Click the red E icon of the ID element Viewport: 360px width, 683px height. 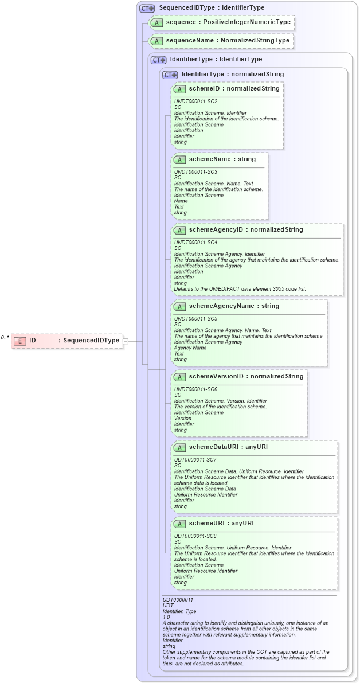tap(20, 341)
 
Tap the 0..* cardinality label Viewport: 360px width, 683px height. tap(5, 337)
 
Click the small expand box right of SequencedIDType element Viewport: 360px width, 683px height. tap(126, 341)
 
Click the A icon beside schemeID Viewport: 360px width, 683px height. tap(179, 89)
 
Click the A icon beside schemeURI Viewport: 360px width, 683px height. tap(179, 524)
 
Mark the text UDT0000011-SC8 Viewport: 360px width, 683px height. tap(195, 536)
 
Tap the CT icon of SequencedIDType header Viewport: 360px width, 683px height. tap(147, 9)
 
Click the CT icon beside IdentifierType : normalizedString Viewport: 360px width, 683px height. tap(170, 75)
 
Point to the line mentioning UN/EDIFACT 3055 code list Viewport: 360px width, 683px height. tap(241, 288)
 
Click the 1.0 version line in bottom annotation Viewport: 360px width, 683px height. tap(167, 617)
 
